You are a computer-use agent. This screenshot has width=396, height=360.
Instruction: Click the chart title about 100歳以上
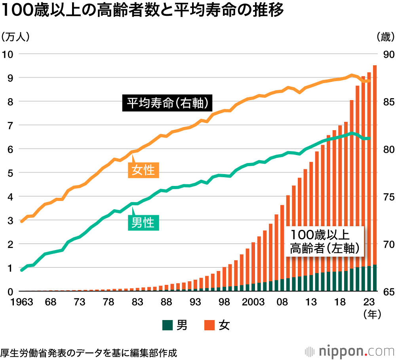143,11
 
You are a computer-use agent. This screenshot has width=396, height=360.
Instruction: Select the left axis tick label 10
8,54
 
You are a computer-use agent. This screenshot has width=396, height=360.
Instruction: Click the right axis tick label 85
387,102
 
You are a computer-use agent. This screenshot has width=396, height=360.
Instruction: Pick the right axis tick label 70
387,244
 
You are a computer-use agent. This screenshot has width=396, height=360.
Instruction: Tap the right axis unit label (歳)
385,37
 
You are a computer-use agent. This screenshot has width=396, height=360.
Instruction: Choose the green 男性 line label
143,223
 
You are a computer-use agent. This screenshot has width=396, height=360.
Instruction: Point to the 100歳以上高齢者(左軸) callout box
324,241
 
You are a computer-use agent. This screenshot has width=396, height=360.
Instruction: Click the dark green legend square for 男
167,326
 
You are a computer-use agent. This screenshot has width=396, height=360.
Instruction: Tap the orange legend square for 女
209,326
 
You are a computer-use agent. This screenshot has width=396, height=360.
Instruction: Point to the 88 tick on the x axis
166,302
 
